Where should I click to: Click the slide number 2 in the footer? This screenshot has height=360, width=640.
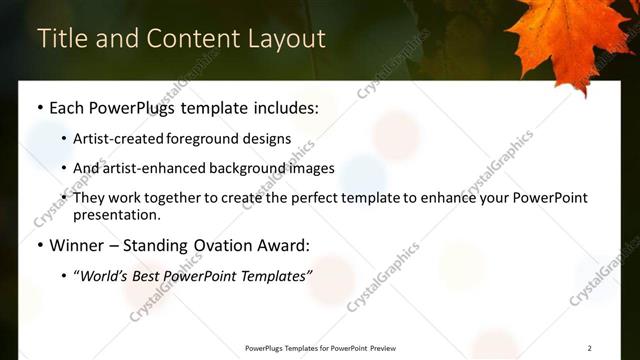590,347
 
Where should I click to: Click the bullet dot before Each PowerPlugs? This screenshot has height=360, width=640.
39,107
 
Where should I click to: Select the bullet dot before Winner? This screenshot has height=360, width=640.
39,244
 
